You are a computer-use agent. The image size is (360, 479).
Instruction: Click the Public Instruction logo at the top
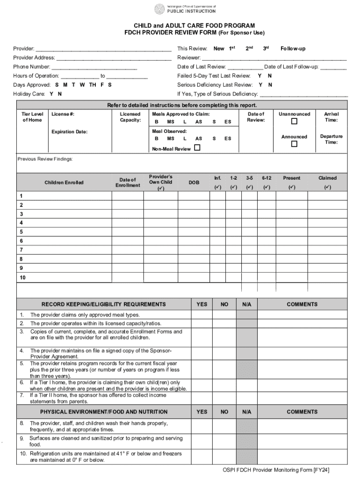tap(186, 9)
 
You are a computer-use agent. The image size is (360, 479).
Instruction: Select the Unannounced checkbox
tap(294, 122)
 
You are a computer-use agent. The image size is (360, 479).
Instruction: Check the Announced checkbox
tap(294, 144)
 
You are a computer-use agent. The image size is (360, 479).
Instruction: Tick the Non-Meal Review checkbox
tap(197, 148)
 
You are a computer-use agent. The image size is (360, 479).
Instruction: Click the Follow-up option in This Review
tap(293, 49)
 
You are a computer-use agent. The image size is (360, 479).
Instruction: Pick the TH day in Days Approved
tap(93, 85)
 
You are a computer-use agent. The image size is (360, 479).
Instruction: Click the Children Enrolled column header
tap(64, 182)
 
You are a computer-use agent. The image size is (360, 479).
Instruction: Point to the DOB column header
tap(194, 182)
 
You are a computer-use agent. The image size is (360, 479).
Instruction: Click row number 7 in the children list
tap(21, 250)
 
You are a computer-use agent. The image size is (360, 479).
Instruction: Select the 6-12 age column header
tap(266, 178)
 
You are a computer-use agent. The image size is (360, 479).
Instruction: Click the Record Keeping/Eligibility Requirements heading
tap(103, 304)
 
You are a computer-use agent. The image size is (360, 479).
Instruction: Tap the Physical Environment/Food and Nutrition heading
tap(103, 412)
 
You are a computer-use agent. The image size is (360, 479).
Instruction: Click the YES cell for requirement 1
tap(202, 315)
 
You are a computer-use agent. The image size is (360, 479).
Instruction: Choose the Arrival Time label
tap(331, 117)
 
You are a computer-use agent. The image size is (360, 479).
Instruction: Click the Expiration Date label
tap(69, 132)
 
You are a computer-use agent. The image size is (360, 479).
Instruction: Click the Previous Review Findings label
tap(45, 159)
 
